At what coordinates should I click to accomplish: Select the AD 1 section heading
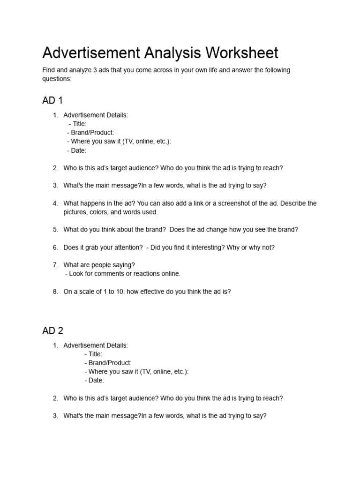(52, 100)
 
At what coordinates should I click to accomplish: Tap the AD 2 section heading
(52, 331)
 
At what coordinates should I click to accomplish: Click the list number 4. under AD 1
(55, 203)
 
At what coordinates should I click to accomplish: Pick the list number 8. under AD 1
(55, 292)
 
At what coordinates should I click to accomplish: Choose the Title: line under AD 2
(93, 354)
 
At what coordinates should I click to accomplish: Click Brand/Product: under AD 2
(108, 363)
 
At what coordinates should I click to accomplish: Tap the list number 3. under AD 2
(55, 416)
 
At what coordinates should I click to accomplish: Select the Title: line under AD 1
(77, 124)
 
